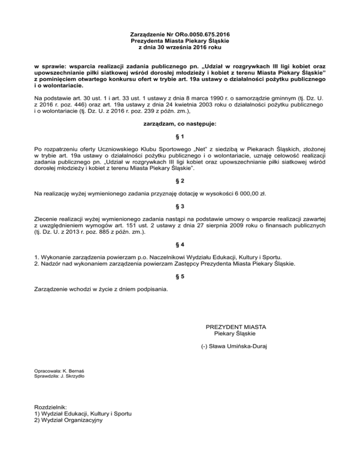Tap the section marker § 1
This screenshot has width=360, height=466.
coord(180,136)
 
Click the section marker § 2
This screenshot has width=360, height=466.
coord(180,180)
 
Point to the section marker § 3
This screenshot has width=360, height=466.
coord(180,206)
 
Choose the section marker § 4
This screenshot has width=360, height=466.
coord(180,245)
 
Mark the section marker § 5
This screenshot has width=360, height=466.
coord(180,277)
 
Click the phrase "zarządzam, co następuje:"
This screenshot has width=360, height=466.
coord(180,124)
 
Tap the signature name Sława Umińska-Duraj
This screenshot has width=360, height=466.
coord(240,347)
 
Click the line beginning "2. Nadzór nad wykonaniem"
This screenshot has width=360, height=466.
coord(165,264)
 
